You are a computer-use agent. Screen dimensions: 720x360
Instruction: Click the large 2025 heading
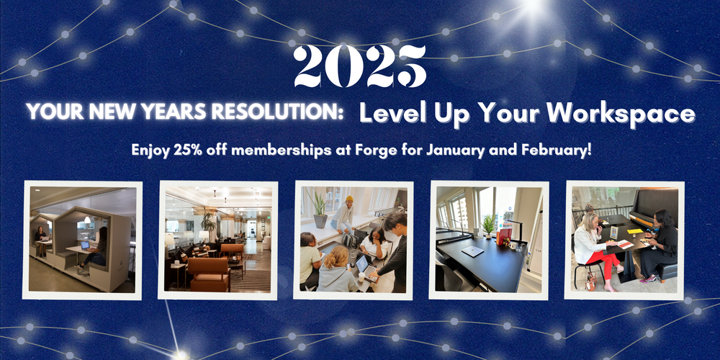[x=360, y=66]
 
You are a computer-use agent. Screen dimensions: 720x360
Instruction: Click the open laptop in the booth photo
[x=85, y=246]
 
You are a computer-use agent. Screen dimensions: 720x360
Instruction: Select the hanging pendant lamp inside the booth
[x=87, y=220]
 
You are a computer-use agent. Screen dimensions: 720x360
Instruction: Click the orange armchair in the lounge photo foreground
[x=209, y=274]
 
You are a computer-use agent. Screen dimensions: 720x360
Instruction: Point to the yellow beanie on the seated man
[x=349, y=199]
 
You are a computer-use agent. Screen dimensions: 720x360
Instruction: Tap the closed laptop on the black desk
[x=472, y=251]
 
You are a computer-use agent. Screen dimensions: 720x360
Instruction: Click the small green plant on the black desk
[x=489, y=225]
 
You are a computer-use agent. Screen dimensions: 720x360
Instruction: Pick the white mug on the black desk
[x=513, y=246]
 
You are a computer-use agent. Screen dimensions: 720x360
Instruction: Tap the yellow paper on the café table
[x=634, y=231]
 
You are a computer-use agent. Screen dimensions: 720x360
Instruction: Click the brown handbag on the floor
[x=591, y=279]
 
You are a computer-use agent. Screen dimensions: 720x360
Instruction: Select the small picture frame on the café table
[x=613, y=233]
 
